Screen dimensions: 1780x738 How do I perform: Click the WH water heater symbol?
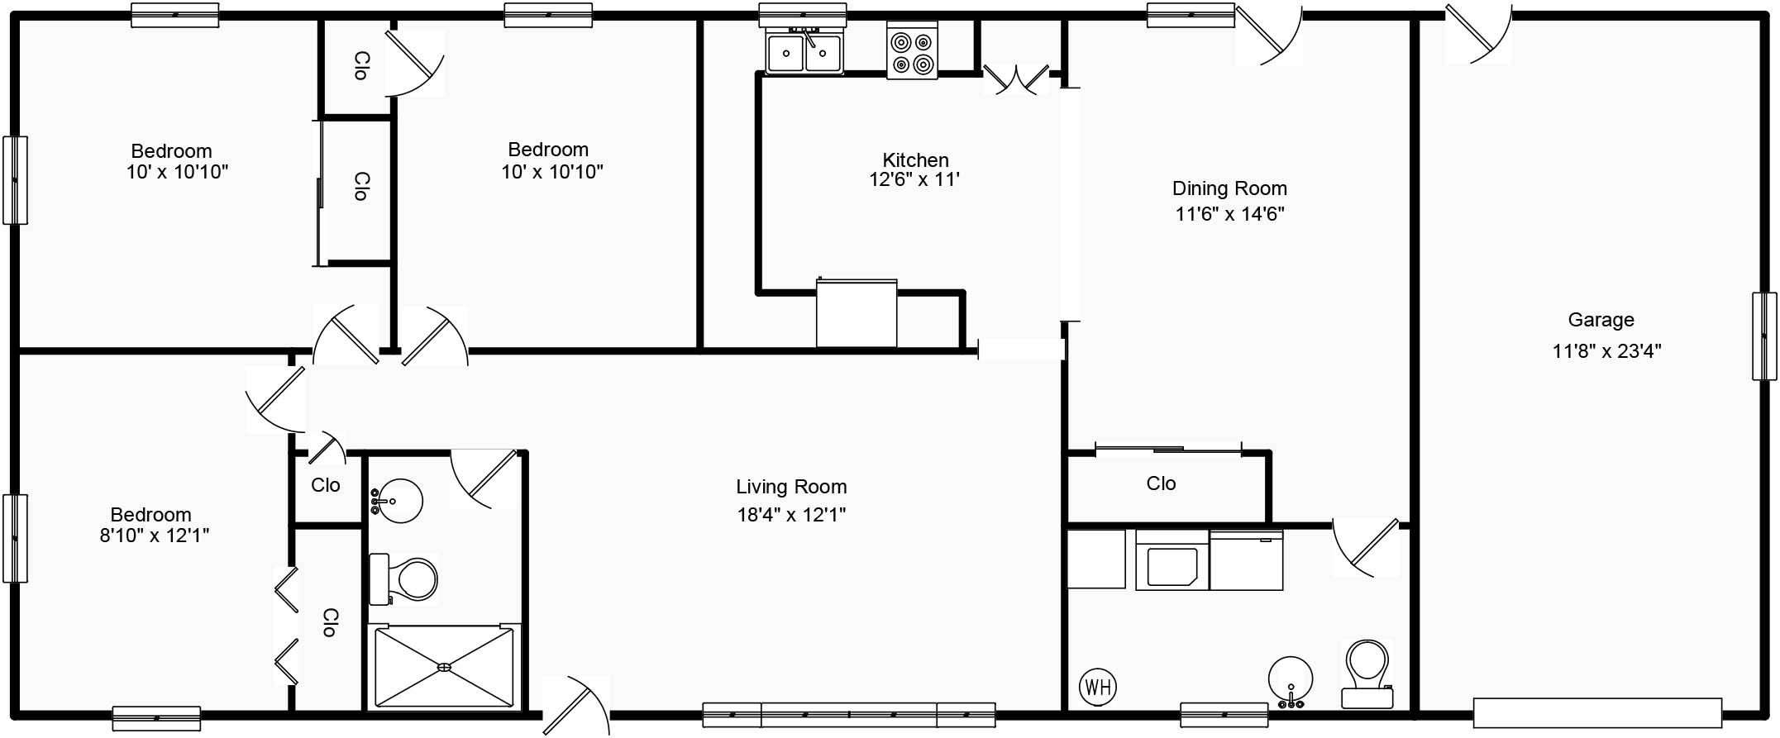click(1098, 687)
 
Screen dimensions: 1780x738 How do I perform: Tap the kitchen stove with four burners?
click(912, 51)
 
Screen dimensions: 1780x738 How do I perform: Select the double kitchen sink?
click(804, 51)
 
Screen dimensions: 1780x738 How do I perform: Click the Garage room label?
click(1601, 320)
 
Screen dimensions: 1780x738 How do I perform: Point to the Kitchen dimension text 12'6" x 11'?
click(914, 179)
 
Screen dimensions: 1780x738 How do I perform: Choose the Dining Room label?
click(1229, 188)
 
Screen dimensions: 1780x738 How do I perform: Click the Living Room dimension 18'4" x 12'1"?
click(791, 515)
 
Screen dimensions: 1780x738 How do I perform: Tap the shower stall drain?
click(444, 667)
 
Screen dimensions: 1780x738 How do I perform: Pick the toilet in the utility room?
click(1367, 674)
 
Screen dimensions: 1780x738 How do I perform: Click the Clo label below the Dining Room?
click(1161, 483)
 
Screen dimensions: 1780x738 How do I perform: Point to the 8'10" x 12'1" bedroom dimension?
click(155, 536)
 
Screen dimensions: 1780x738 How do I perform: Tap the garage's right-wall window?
click(1764, 336)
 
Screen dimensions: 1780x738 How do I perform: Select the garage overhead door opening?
click(1597, 712)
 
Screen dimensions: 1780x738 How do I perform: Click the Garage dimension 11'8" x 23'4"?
click(1606, 351)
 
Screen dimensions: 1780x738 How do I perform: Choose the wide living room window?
click(849, 714)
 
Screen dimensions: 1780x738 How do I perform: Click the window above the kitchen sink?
click(803, 15)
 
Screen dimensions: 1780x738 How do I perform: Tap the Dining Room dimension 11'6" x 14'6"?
click(1229, 214)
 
